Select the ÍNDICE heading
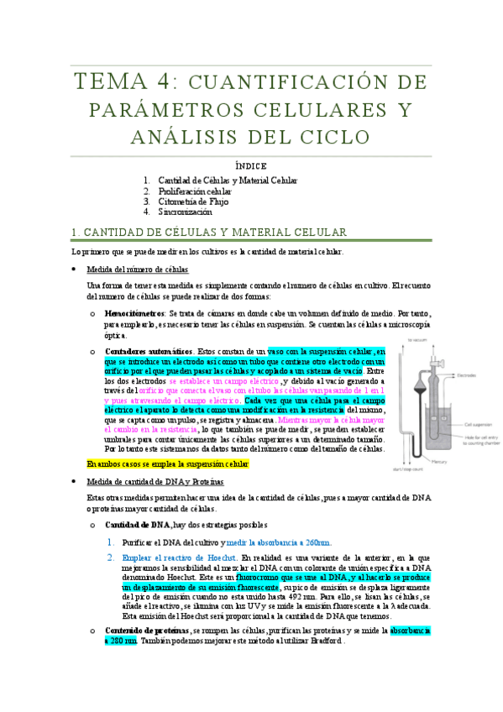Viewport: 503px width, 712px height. point(251,167)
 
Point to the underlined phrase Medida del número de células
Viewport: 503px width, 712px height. point(138,270)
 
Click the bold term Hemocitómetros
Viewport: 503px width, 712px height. point(134,311)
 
